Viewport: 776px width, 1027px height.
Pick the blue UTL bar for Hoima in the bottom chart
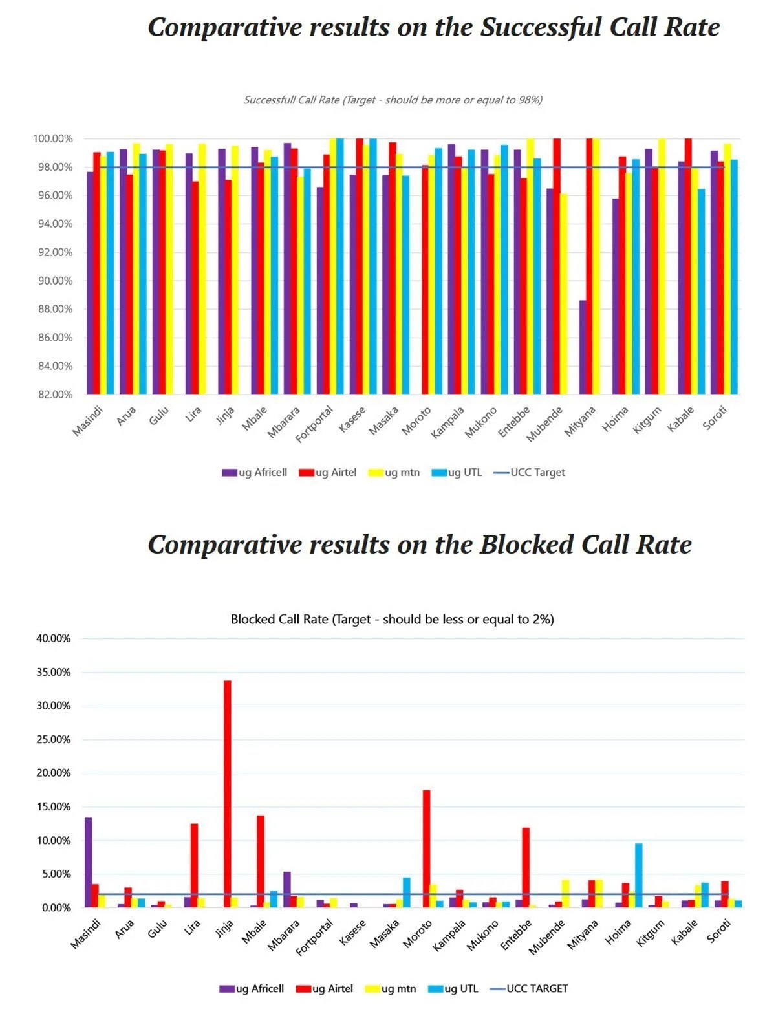[638, 876]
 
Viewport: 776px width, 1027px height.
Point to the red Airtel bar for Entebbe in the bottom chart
[526, 867]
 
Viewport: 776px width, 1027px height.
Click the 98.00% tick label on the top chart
[53, 168]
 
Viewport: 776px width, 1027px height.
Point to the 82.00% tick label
[53, 395]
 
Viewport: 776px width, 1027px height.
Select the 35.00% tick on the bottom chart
[54, 673]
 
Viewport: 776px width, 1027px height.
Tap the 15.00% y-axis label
[54, 807]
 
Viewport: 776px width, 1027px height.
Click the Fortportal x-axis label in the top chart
[315, 423]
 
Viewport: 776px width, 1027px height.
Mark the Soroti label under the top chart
[715, 417]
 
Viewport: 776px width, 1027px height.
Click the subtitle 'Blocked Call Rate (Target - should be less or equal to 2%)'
[392, 620]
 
